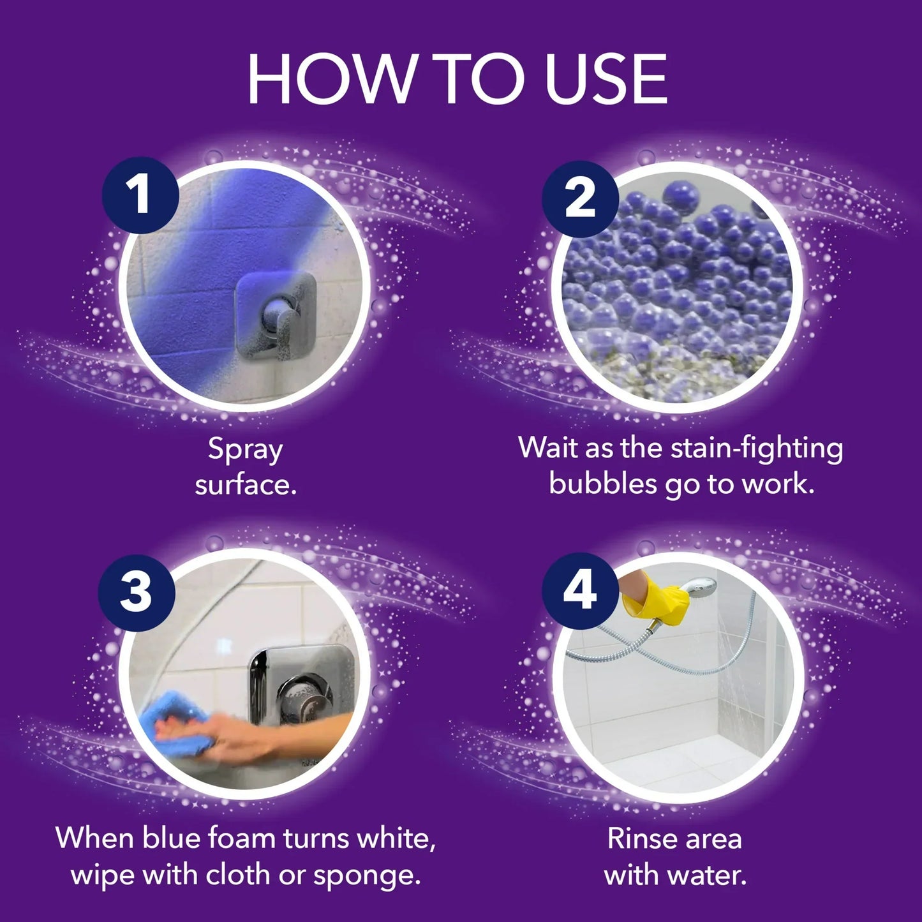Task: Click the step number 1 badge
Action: (140, 195)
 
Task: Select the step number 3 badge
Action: (137, 591)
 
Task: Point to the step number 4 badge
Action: (580, 590)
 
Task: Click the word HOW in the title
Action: (331, 79)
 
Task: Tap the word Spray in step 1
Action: (245, 450)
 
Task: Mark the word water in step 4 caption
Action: (710, 875)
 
